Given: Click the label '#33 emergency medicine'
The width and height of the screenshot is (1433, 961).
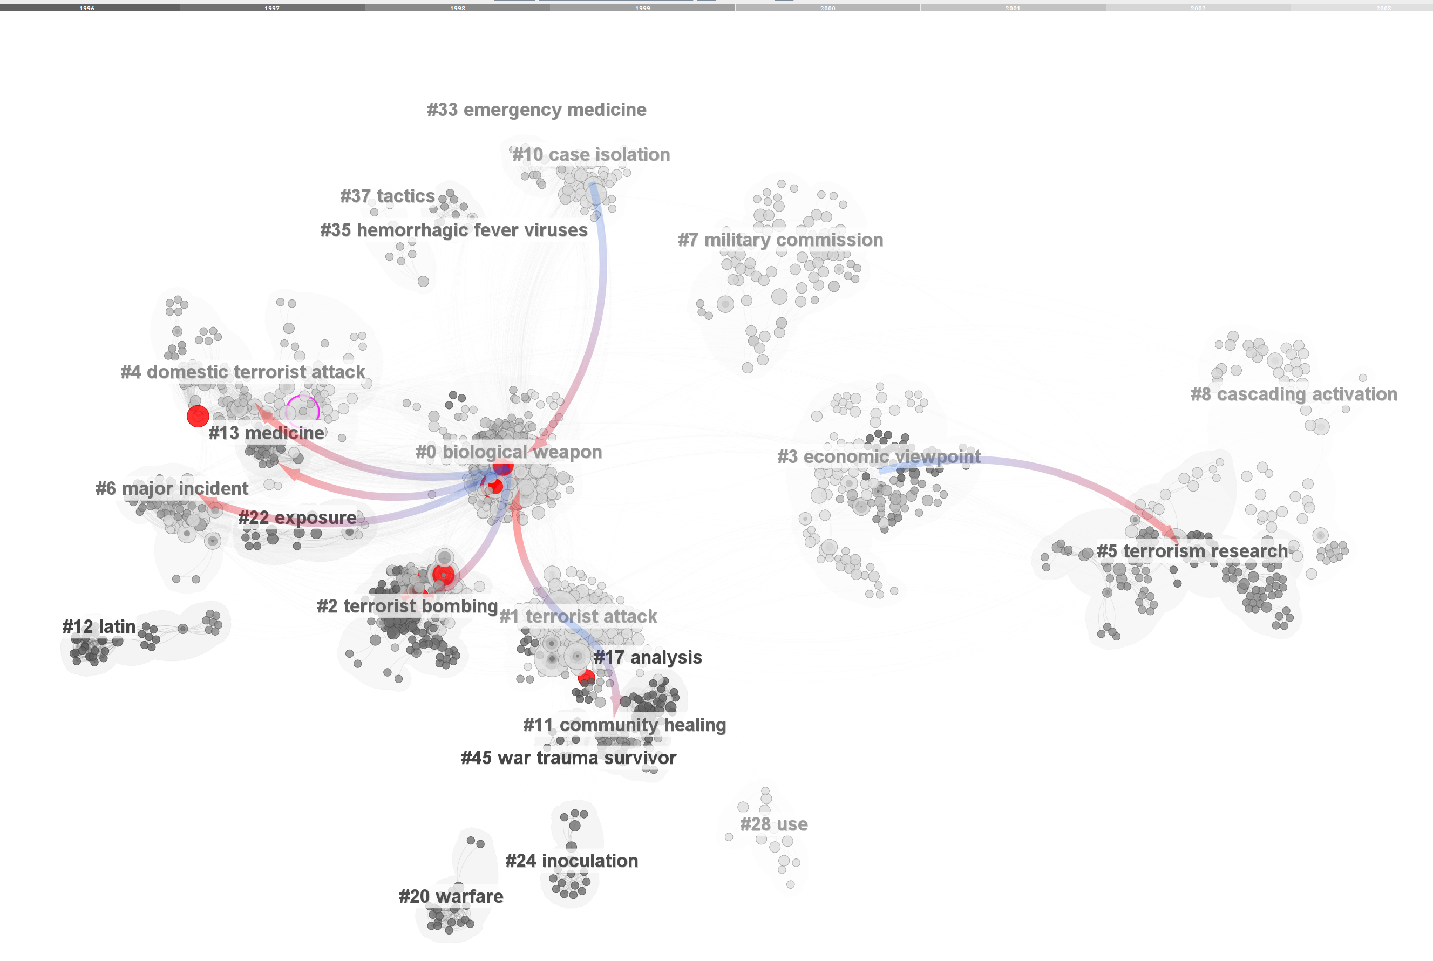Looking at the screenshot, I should pos(536,110).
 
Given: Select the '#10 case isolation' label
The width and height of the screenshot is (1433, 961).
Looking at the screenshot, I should pos(590,154).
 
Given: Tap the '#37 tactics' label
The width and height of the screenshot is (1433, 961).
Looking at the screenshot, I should pos(387,196).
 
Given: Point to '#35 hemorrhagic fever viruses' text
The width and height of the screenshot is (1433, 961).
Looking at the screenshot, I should pos(453,230).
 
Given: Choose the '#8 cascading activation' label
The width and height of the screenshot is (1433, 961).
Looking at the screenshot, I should pos(1293,394).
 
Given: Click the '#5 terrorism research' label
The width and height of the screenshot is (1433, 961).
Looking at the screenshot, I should pos(1192,551).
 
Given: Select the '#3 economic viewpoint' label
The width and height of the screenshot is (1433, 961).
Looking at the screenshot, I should pos(878,456).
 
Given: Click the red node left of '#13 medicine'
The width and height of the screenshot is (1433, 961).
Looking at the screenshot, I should pos(198,416).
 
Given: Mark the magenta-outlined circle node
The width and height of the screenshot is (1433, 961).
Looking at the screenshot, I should pos(302,411).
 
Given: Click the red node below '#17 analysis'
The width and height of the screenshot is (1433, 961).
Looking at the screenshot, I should pos(587,678).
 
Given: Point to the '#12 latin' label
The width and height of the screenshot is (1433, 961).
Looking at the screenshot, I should pos(99,627).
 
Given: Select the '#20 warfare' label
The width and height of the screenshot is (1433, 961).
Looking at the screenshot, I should pos(451,897).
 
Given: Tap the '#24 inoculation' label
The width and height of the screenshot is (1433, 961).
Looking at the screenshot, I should pos(571,861).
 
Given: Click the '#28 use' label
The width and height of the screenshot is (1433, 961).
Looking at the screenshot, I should pos(773,824).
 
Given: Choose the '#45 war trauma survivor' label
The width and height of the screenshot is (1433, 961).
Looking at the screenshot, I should pos(568,758).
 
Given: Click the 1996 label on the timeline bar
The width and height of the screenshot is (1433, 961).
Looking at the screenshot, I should pos(87,8).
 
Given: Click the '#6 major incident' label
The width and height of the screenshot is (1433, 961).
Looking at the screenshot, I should pos(172,488).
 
